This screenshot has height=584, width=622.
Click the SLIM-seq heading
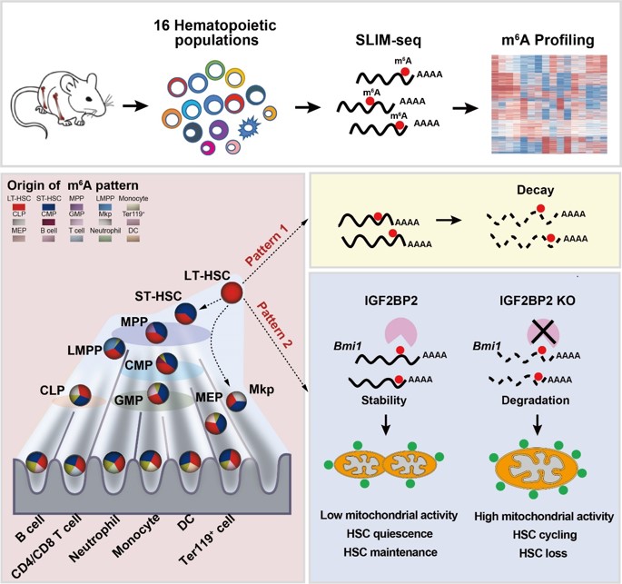click(388, 43)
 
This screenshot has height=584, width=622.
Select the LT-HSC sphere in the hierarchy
click(233, 292)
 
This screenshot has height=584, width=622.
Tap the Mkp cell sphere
click(237, 401)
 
